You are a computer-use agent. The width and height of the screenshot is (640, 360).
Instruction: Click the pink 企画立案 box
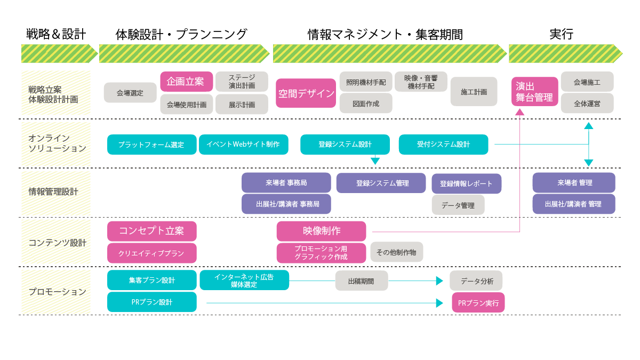point(187,82)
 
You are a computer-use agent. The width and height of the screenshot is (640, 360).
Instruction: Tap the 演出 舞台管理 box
point(535,92)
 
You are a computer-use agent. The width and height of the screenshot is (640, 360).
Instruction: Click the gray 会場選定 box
point(130,93)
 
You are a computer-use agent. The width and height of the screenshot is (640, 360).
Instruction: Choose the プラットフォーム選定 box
point(151,145)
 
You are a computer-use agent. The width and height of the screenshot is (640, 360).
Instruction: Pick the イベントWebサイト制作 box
point(243,145)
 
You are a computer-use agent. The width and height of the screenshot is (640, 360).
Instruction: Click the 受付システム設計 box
point(443,145)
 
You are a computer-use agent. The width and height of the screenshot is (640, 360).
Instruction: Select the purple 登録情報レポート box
point(466,183)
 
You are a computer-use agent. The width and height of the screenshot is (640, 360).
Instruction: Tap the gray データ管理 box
point(458,205)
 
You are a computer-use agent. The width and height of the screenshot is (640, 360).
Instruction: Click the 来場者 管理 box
point(574,182)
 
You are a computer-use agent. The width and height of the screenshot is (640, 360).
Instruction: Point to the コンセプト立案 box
point(151,231)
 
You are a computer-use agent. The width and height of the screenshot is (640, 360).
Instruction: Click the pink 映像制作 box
point(321,231)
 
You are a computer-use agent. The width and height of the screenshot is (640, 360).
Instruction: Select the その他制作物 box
point(396,252)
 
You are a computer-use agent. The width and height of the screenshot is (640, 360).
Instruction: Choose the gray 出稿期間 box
point(361,281)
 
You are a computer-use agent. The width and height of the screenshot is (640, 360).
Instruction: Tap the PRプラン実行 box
point(478,302)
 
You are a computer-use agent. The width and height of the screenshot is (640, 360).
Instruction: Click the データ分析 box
point(476,281)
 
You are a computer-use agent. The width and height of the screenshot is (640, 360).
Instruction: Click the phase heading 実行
point(561,34)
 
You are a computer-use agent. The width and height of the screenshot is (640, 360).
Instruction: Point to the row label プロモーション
point(57,292)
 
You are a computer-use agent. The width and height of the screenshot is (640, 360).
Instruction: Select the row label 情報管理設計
point(53,191)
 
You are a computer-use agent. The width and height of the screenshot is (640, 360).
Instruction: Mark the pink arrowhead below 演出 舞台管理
point(519,111)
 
